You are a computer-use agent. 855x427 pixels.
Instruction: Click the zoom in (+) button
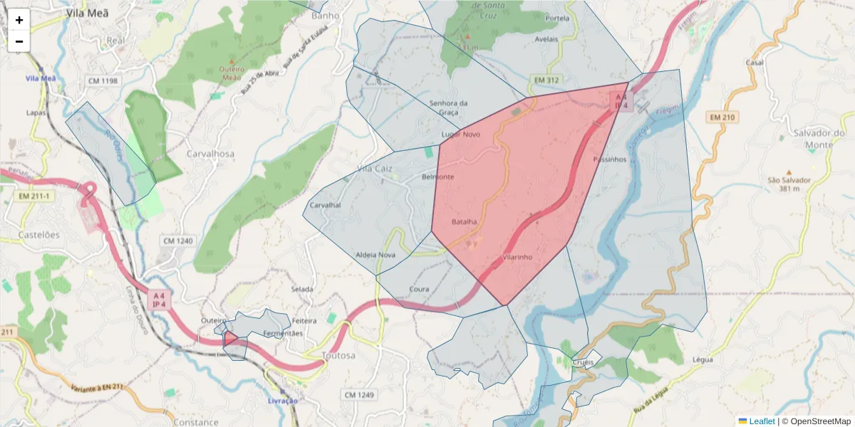coord(19,20)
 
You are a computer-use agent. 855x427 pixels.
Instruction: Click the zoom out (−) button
coord(19,41)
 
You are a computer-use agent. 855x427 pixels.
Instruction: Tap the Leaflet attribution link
coord(762,421)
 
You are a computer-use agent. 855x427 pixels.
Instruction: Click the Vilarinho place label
coord(518,257)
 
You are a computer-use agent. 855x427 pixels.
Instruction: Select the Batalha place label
coord(465,222)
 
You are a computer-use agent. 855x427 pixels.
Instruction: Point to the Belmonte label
coord(437,176)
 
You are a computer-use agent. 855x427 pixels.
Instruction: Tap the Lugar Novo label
coord(461,134)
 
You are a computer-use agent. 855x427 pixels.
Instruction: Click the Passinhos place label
coord(609,159)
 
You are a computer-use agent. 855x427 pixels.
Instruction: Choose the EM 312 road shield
coord(544,80)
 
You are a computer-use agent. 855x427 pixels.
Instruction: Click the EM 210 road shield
coord(724,117)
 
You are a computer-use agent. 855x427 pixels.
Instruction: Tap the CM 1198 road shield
coord(102,80)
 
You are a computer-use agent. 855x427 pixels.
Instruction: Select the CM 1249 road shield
coord(359,394)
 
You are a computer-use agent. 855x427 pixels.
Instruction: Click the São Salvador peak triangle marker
coord(788,172)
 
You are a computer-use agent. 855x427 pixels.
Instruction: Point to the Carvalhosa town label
coord(209,154)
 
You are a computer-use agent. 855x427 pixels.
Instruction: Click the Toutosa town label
coord(338,355)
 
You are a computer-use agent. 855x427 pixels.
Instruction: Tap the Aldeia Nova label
coord(375,255)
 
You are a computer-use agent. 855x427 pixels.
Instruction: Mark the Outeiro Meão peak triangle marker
coord(231,60)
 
